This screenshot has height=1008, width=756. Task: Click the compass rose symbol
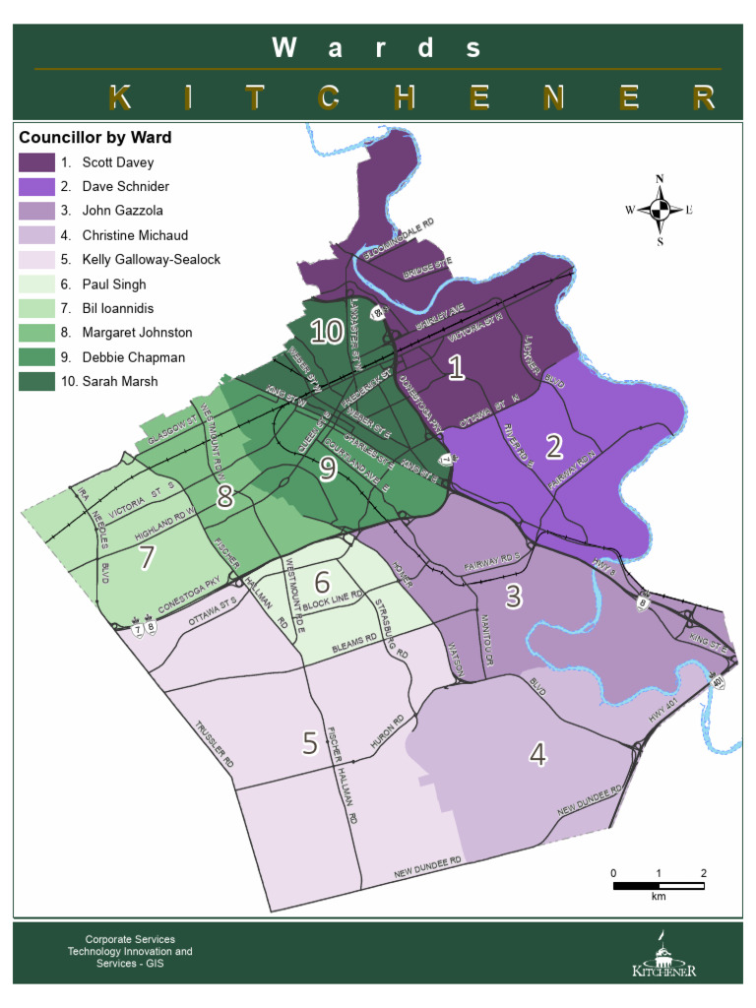pyautogui.click(x=660, y=209)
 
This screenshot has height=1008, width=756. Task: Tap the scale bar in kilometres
pyautogui.click(x=659, y=886)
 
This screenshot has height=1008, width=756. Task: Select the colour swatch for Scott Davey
pyautogui.click(x=36, y=162)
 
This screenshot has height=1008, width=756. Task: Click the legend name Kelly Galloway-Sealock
pyautogui.click(x=151, y=260)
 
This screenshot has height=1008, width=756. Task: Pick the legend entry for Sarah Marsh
pyautogui.click(x=119, y=381)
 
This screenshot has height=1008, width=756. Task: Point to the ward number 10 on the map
pyautogui.click(x=326, y=332)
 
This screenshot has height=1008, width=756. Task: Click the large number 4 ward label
pyautogui.click(x=537, y=755)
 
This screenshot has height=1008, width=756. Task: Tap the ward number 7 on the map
pyautogui.click(x=147, y=557)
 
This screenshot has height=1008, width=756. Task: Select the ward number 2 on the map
pyautogui.click(x=553, y=447)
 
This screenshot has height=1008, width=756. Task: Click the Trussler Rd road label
pyautogui.click(x=214, y=745)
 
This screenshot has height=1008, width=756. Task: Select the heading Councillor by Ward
pyautogui.click(x=95, y=137)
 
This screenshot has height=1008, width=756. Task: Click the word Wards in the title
pyautogui.click(x=377, y=47)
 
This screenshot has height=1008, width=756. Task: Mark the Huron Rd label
pyautogui.click(x=387, y=734)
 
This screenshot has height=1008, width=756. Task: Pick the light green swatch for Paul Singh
pyautogui.click(x=36, y=284)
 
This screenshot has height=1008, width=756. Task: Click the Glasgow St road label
pyautogui.click(x=173, y=430)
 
